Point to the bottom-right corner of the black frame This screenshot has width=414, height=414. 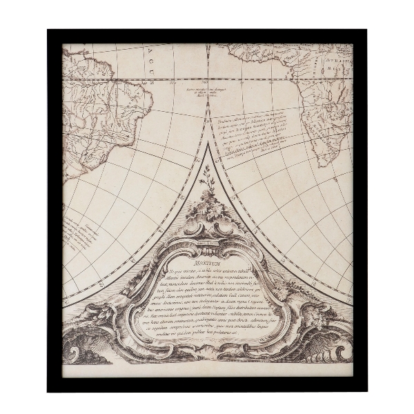(366, 390)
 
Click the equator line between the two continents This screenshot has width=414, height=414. (207, 78)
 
